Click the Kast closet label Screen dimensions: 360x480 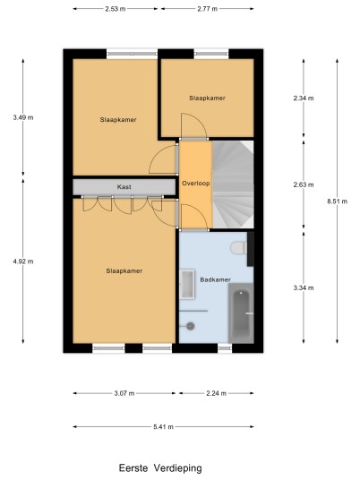pyautogui.click(x=124, y=187)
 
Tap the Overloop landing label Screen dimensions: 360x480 pyautogui.click(x=195, y=184)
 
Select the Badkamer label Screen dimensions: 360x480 pyautogui.click(x=215, y=279)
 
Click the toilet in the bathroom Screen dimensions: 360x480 pyautogui.click(x=239, y=248)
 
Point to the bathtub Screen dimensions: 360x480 pyautogui.click(x=241, y=313)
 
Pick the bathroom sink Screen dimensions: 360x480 pyautogui.click(x=187, y=284)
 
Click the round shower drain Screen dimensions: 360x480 pyautogui.click(x=191, y=326)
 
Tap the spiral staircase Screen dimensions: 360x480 pyautogui.click(x=233, y=184)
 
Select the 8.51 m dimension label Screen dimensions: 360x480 pyautogui.click(x=337, y=201)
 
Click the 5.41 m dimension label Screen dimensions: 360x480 pyautogui.click(x=163, y=427)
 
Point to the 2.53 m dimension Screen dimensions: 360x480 pyautogui.click(x=116, y=9)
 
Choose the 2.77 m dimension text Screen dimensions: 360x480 pyautogui.click(x=207, y=9)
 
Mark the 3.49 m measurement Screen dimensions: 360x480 pyautogui.click(x=23, y=117)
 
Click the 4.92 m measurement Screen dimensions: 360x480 pyautogui.click(x=23, y=261)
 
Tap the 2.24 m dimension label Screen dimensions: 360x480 pyautogui.click(x=216, y=393)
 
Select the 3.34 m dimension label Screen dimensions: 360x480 pyautogui.click(x=304, y=287)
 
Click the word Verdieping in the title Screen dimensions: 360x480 pyautogui.click(x=177, y=468)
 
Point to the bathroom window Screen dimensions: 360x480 pyautogui.click(x=225, y=348)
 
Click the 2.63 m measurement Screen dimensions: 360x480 pyautogui.click(x=304, y=184)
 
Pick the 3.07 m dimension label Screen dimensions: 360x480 pyautogui.click(x=124, y=393)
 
